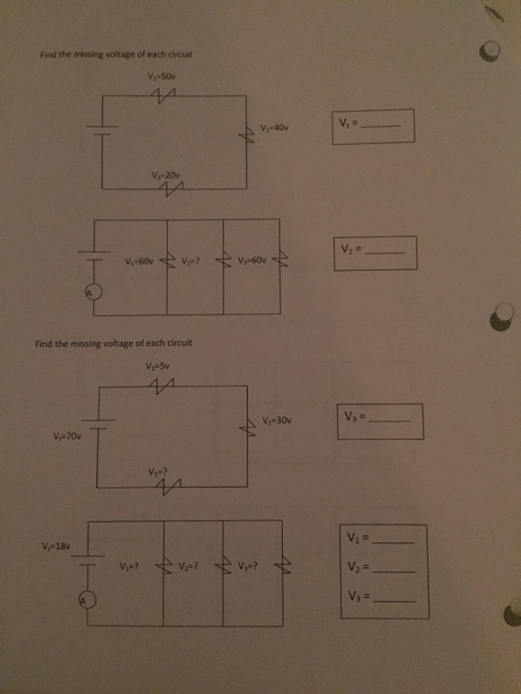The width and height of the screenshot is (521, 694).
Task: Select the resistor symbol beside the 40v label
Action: [249, 140]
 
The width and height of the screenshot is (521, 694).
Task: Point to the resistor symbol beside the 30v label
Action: [249, 427]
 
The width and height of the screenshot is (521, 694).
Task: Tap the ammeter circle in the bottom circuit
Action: [86, 602]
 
